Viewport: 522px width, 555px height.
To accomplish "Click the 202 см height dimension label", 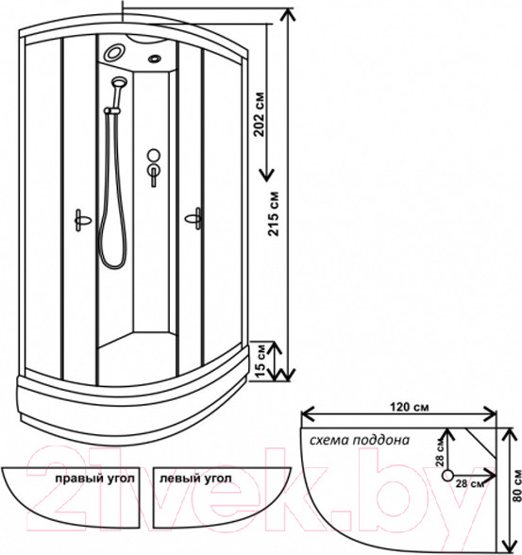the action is coord(260,114).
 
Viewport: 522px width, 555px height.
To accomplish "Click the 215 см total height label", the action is coord(273,213).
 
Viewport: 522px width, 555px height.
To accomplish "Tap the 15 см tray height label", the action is coord(261,361).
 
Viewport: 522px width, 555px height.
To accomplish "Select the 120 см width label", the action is coord(409,407).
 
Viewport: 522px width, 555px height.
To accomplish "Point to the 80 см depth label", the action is coord(516,485).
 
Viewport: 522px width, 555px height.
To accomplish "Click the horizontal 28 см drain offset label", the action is coord(470,483).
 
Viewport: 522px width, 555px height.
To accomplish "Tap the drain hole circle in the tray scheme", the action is coord(448,476).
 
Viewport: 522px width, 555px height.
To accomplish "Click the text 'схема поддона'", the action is coord(360,440).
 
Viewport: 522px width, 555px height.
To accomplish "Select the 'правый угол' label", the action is coord(94,479).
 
